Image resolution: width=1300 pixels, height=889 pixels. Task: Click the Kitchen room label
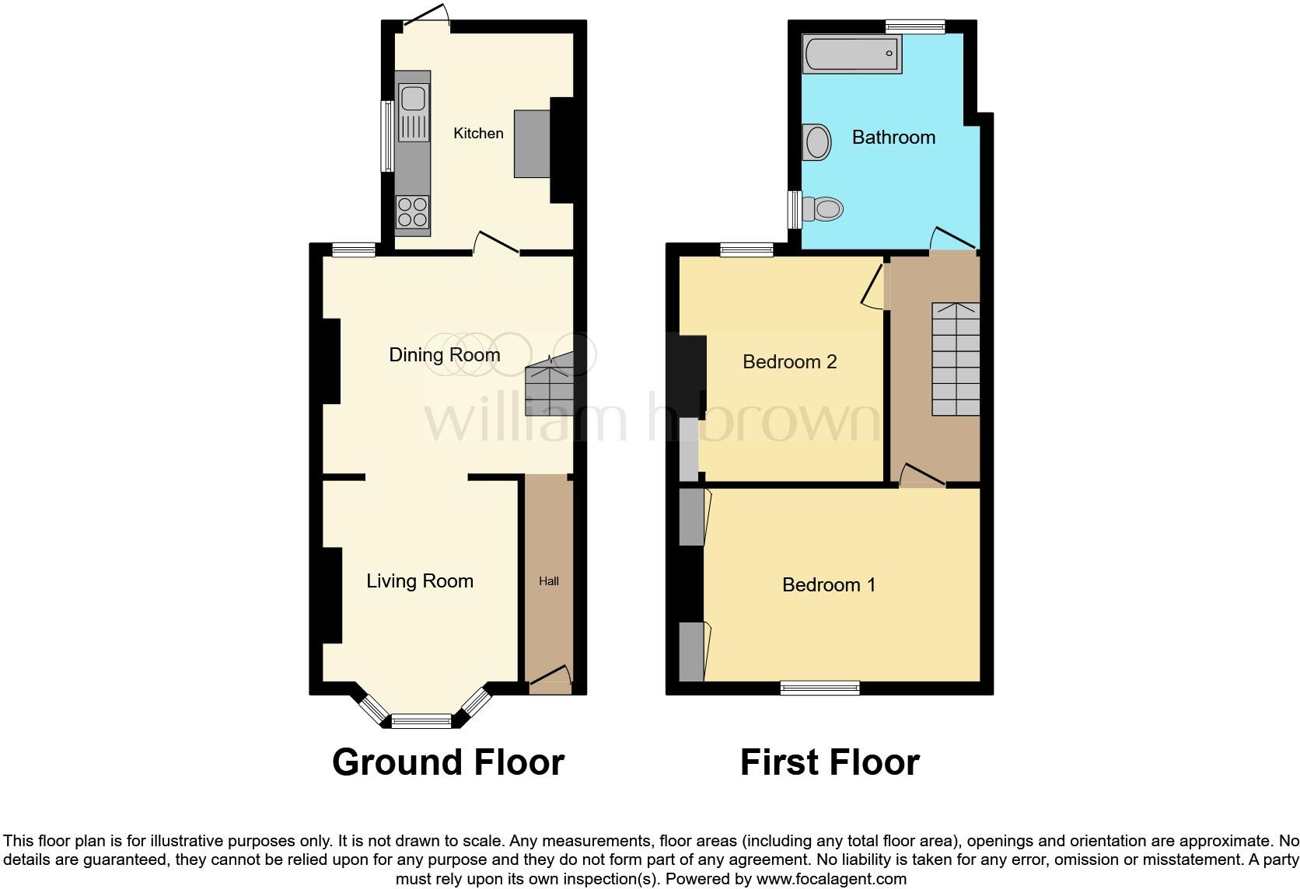coord(478,134)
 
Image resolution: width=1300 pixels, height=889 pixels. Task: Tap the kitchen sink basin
coord(412,99)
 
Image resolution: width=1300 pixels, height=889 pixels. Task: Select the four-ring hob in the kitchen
coord(413,211)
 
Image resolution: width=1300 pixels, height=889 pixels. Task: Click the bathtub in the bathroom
coord(851,54)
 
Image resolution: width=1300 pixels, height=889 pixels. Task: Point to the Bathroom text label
coord(893,138)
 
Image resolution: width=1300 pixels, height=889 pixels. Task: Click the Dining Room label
coord(444,355)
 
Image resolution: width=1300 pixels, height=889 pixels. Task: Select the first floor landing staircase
coord(956,359)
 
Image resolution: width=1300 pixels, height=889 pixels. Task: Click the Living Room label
coord(420,581)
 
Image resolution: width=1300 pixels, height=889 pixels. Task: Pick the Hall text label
coord(549,581)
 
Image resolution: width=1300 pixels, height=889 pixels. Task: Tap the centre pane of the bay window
coord(421,721)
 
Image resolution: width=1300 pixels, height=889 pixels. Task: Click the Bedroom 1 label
coord(829,585)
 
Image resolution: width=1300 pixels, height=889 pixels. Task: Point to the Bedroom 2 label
coord(789,362)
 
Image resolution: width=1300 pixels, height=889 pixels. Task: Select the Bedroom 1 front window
coord(820,687)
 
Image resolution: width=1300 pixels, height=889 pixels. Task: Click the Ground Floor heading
coord(448,762)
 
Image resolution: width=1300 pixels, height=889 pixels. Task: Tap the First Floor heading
coord(830,762)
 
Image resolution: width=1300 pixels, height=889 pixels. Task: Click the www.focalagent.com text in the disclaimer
coord(831,880)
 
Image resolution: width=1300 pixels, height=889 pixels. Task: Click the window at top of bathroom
coord(915,27)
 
